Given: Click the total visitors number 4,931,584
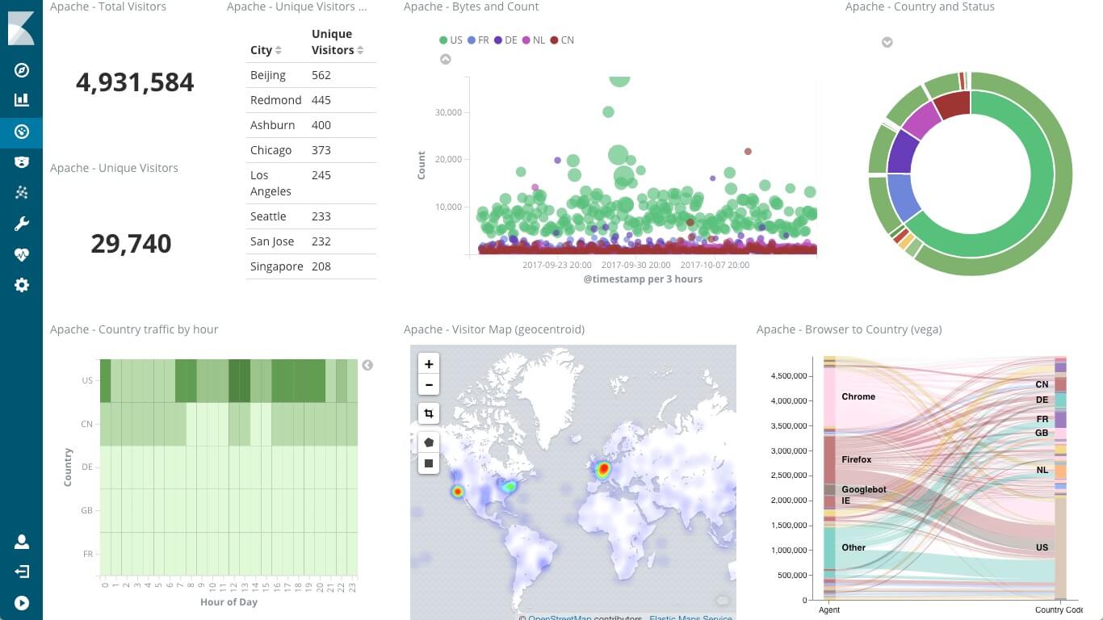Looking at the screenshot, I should (135, 82).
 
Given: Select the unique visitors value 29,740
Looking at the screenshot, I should (131, 244).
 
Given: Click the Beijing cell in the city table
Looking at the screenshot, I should (268, 75).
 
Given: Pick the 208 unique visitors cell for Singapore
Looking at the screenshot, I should (321, 266).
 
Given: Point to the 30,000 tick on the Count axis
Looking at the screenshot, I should (448, 112).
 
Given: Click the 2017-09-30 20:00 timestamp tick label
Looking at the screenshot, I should (635, 265).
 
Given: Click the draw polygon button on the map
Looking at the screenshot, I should (429, 442).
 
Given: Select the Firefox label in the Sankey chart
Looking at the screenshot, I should (857, 459).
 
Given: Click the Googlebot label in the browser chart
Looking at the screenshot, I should (864, 489).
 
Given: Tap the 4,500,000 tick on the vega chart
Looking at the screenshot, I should (790, 375).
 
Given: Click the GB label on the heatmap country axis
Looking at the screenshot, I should (87, 510).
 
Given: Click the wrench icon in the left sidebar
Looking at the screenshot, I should (22, 224).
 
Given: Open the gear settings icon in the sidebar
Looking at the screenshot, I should (22, 285).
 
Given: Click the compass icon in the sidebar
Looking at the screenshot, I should (22, 70).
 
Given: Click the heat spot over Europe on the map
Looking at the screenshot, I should (602, 469).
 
